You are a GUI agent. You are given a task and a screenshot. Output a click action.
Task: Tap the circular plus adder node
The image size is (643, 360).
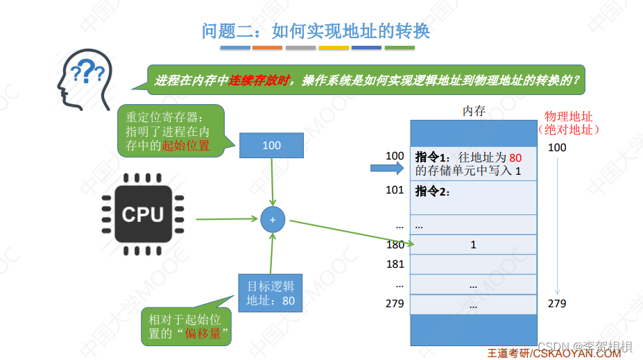tap(273, 219)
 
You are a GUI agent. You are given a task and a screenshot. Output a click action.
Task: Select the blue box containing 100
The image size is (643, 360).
tap(272, 146)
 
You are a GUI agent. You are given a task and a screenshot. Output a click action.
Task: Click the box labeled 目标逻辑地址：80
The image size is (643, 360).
tap(271, 293)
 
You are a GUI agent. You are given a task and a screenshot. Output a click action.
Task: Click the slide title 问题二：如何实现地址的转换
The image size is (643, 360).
tap(316, 31)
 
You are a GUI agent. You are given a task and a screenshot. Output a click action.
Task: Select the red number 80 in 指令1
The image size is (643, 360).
tap(515, 157)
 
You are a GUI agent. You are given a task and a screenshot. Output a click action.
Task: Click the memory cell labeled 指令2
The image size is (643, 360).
tap(474, 197)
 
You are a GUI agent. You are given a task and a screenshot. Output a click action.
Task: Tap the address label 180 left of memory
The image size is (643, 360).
tap(395, 244)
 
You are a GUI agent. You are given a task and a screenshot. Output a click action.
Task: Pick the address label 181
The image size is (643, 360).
tap(395, 264)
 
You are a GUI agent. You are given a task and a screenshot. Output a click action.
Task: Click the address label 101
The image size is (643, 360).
tap(395, 190)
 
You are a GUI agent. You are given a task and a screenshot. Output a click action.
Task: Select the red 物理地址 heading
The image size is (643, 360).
tap(569, 117)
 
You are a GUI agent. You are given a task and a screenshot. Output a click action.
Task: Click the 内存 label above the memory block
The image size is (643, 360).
tap(474, 111)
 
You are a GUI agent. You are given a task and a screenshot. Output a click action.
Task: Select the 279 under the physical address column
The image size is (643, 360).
tap(557, 304)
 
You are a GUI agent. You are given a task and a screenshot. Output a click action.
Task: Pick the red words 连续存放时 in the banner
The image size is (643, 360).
tap(259, 80)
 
